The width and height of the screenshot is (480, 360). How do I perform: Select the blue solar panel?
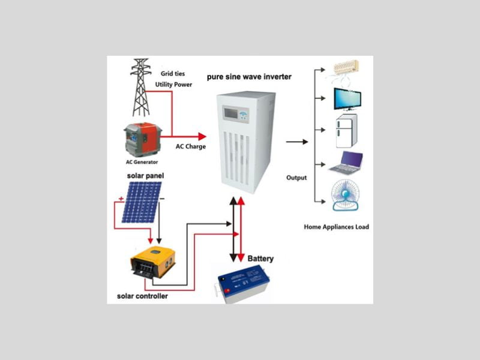point(142,202)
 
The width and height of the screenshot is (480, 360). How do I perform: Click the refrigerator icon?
point(347,133)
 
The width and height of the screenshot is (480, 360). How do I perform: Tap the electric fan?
point(346,196)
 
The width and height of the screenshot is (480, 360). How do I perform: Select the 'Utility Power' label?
point(173,85)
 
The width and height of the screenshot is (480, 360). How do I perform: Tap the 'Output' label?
point(296,178)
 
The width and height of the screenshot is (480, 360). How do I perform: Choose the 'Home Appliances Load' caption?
point(337,227)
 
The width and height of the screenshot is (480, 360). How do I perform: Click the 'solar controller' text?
point(142,296)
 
